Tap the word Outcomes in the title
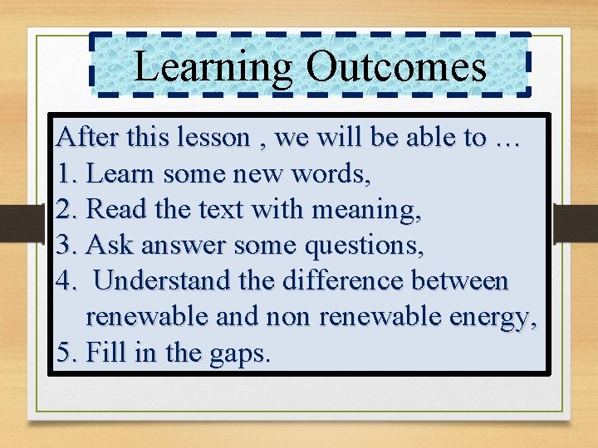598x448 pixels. [396, 66]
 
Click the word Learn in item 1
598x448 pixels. [121, 173]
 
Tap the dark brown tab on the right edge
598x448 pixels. [575, 223]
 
